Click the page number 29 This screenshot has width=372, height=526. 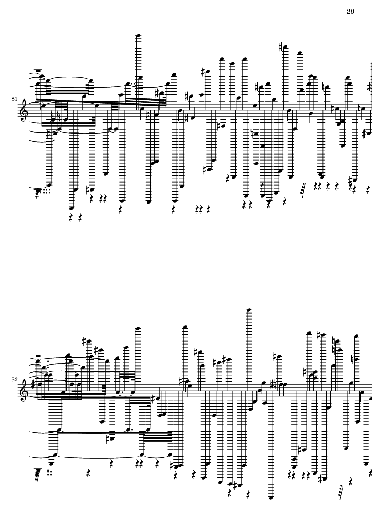click(350, 12)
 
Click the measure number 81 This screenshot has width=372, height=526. click(14, 98)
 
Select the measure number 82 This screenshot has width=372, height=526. click(14, 379)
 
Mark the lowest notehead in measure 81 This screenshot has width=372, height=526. click(71, 208)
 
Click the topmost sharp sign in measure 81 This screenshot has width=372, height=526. click(281, 47)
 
